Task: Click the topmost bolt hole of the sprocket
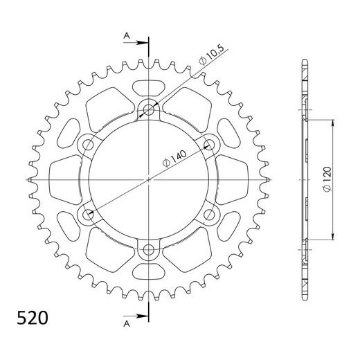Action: [x=150, y=109]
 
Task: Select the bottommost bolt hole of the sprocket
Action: [x=150, y=250]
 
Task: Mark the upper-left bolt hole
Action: [x=88, y=144]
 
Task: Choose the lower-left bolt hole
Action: [x=88, y=215]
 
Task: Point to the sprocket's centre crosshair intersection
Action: [x=150, y=179]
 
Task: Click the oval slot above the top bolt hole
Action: [x=150, y=88]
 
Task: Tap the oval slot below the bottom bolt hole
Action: [x=150, y=271]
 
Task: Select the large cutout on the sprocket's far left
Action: [x=68, y=179]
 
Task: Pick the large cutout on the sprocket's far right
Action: [x=231, y=179]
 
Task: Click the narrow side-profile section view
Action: [x=305, y=179]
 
